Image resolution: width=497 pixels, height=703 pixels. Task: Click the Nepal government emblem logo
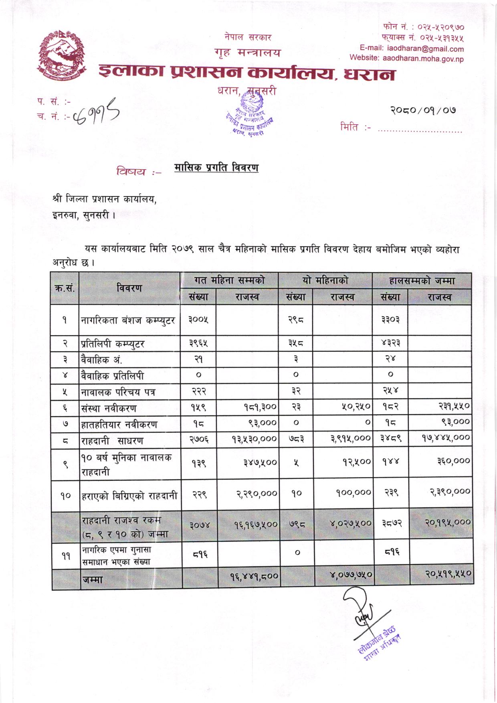tap(63, 57)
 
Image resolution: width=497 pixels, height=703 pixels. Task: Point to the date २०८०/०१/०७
tap(423, 110)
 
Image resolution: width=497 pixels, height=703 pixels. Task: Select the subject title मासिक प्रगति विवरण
tap(216, 168)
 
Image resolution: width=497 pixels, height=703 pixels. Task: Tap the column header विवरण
tap(129, 288)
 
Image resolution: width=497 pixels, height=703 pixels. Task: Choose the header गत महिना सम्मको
tap(229, 280)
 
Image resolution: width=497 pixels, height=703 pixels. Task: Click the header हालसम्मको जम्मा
tap(422, 281)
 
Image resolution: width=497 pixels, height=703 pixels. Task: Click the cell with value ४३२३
tap(390, 343)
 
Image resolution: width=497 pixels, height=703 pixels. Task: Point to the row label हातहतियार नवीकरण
tap(119, 424)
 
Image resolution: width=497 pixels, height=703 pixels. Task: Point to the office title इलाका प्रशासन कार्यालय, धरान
tap(246, 73)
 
